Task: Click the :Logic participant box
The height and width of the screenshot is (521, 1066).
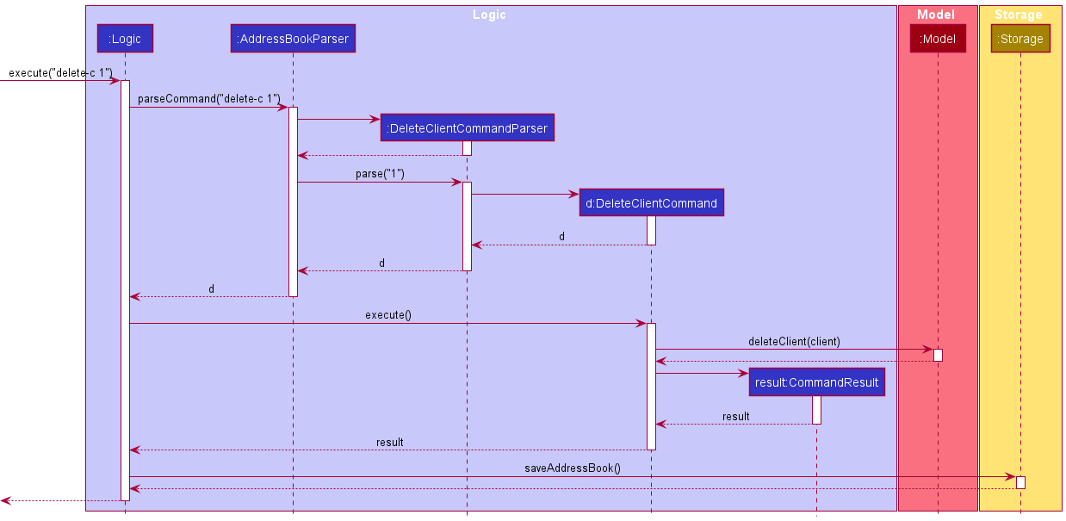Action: coord(125,38)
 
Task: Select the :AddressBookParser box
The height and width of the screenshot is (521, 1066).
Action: coord(293,38)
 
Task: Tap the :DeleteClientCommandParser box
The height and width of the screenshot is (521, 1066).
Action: coord(467,128)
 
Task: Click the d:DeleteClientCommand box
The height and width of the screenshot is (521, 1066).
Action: coord(651,203)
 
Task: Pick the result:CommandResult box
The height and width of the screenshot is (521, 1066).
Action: coord(816,382)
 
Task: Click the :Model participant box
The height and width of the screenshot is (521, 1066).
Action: coord(938,39)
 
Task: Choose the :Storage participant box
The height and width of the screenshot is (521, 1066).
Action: coord(1020,39)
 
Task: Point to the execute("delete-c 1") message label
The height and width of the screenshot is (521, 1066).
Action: coord(60,72)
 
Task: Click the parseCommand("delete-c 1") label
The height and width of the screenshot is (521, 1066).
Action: coord(208,99)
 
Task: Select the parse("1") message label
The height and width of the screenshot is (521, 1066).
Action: coord(380,174)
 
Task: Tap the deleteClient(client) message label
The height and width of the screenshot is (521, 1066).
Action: coord(794,342)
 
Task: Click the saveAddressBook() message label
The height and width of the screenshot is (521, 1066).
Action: coord(573,468)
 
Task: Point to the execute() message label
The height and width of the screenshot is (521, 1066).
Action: coord(387,315)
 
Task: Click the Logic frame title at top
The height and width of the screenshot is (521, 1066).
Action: coord(489,15)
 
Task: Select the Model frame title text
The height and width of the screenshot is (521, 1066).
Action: coord(936,15)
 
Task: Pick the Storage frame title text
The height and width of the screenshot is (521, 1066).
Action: coord(1018,15)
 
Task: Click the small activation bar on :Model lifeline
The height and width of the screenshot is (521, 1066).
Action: coord(938,355)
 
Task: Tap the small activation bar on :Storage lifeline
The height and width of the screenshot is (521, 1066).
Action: coord(1020,482)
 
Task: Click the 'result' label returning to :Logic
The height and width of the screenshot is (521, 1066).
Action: coord(389,443)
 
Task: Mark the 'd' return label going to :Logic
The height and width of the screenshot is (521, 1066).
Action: coord(212,289)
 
